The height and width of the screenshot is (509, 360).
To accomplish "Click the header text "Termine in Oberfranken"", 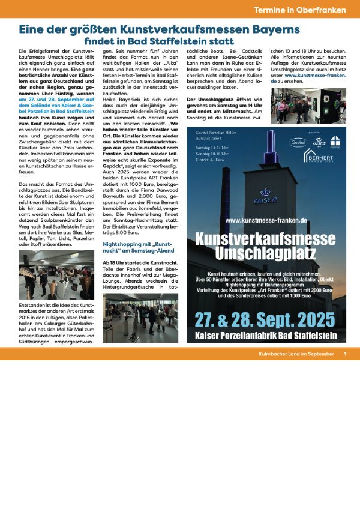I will pos(300,10).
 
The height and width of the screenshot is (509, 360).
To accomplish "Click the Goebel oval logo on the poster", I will pos(298,143).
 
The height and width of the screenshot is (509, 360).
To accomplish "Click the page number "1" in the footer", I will pos(346,354).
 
